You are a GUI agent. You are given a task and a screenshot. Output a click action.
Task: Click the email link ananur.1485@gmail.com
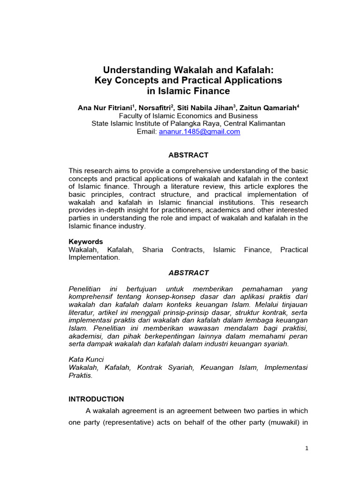tap(199, 132)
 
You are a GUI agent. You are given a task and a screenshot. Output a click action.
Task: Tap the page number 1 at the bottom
tap(307, 448)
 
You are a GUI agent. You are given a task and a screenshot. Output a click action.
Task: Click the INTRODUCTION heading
tap(96, 399)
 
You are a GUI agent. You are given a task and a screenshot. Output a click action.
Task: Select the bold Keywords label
tap(86, 242)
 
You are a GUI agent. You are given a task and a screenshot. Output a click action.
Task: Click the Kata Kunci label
tap(86, 359)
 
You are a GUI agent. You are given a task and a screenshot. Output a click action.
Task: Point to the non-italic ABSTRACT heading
tap(188, 155)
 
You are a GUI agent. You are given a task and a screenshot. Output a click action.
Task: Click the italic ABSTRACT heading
tap(188, 273)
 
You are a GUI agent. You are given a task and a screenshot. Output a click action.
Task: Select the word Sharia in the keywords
tap(153, 250)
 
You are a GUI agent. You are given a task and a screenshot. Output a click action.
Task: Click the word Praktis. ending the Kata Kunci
tap(81, 375)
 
